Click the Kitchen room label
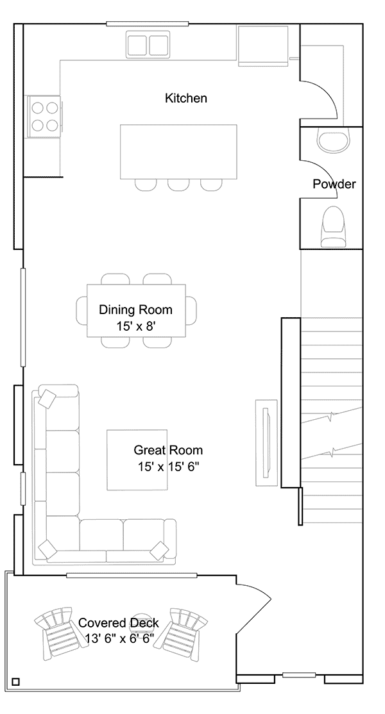click(x=186, y=98)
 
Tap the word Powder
click(x=334, y=185)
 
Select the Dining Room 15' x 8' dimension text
click(x=137, y=326)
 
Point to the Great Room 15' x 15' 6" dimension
click(x=169, y=467)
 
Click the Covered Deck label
click(x=119, y=623)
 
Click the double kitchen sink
click(x=148, y=45)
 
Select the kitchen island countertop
click(x=178, y=152)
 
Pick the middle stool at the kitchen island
click(x=178, y=185)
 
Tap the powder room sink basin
click(x=334, y=139)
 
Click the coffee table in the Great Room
click(x=137, y=460)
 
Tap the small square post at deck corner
click(x=15, y=682)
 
